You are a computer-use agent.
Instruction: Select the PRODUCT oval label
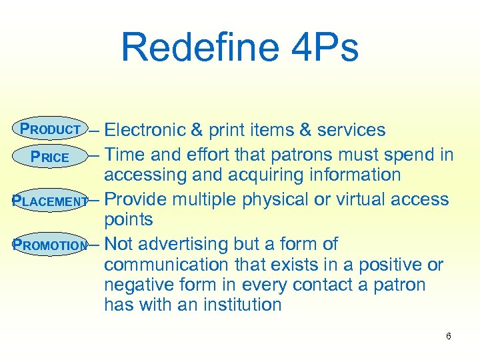click(x=51, y=129)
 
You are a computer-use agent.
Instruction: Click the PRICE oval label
click(x=50, y=157)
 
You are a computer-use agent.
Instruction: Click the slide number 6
click(x=449, y=336)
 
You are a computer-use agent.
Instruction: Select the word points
click(x=128, y=219)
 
